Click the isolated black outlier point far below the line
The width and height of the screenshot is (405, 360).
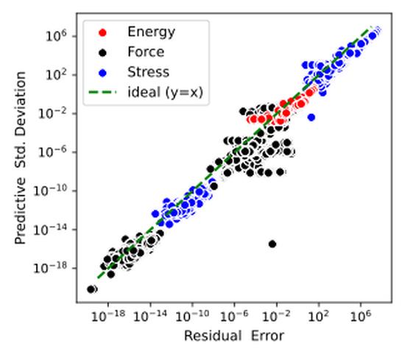(272, 244)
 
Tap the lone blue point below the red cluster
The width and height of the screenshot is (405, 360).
(311, 117)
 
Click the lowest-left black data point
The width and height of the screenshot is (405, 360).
(91, 289)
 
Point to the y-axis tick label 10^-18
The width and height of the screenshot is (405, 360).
(54, 268)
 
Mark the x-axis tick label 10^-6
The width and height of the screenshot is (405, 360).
(234, 317)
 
